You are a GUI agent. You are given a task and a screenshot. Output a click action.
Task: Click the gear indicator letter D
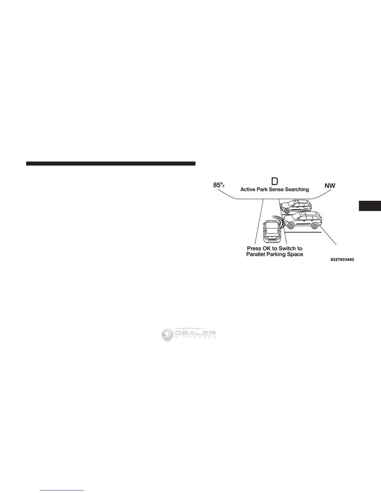[x=275, y=181]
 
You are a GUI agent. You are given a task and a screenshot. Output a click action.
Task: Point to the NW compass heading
[x=330, y=186]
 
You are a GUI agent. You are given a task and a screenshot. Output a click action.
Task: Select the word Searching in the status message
[x=297, y=189]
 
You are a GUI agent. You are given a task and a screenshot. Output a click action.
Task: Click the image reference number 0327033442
[x=342, y=260]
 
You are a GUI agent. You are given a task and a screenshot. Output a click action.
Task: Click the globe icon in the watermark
[x=167, y=334]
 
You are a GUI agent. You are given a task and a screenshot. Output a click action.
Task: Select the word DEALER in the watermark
[x=195, y=333]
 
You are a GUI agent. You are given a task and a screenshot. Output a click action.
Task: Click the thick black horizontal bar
[x=111, y=163]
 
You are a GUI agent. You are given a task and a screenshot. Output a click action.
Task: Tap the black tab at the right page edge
[x=370, y=206]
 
